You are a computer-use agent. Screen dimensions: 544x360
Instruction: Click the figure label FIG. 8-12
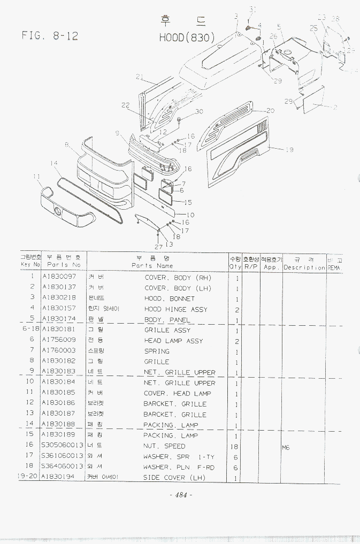pyautogui.click(x=50, y=36)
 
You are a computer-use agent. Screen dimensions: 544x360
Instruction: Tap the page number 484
pyautogui.click(x=180, y=495)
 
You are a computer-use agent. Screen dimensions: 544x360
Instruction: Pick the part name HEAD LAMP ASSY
pyautogui.click(x=173, y=341)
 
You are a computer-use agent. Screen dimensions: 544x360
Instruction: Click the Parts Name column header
pyautogui.click(x=152, y=266)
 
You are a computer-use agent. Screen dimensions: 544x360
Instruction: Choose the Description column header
pyautogui.click(x=304, y=267)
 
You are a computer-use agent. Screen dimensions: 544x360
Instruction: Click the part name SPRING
pyautogui.click(x=157, y=351)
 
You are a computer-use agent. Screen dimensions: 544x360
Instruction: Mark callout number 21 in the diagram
pyautogui.click(x=140, y=77)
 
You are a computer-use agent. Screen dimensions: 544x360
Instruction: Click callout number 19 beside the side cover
pyautogui.click(x=289, y=150)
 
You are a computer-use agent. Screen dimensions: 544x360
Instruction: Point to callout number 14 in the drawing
pyautogui.click(x=54, y=163)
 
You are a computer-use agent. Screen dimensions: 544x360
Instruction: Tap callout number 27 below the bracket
pyautogui.click(x=158, y=247)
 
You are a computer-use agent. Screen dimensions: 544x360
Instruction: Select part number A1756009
pyautogui.click(x=59, y=340)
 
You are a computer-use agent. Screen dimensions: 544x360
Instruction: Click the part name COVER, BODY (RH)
pyautogui.click(x=178, y=278)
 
